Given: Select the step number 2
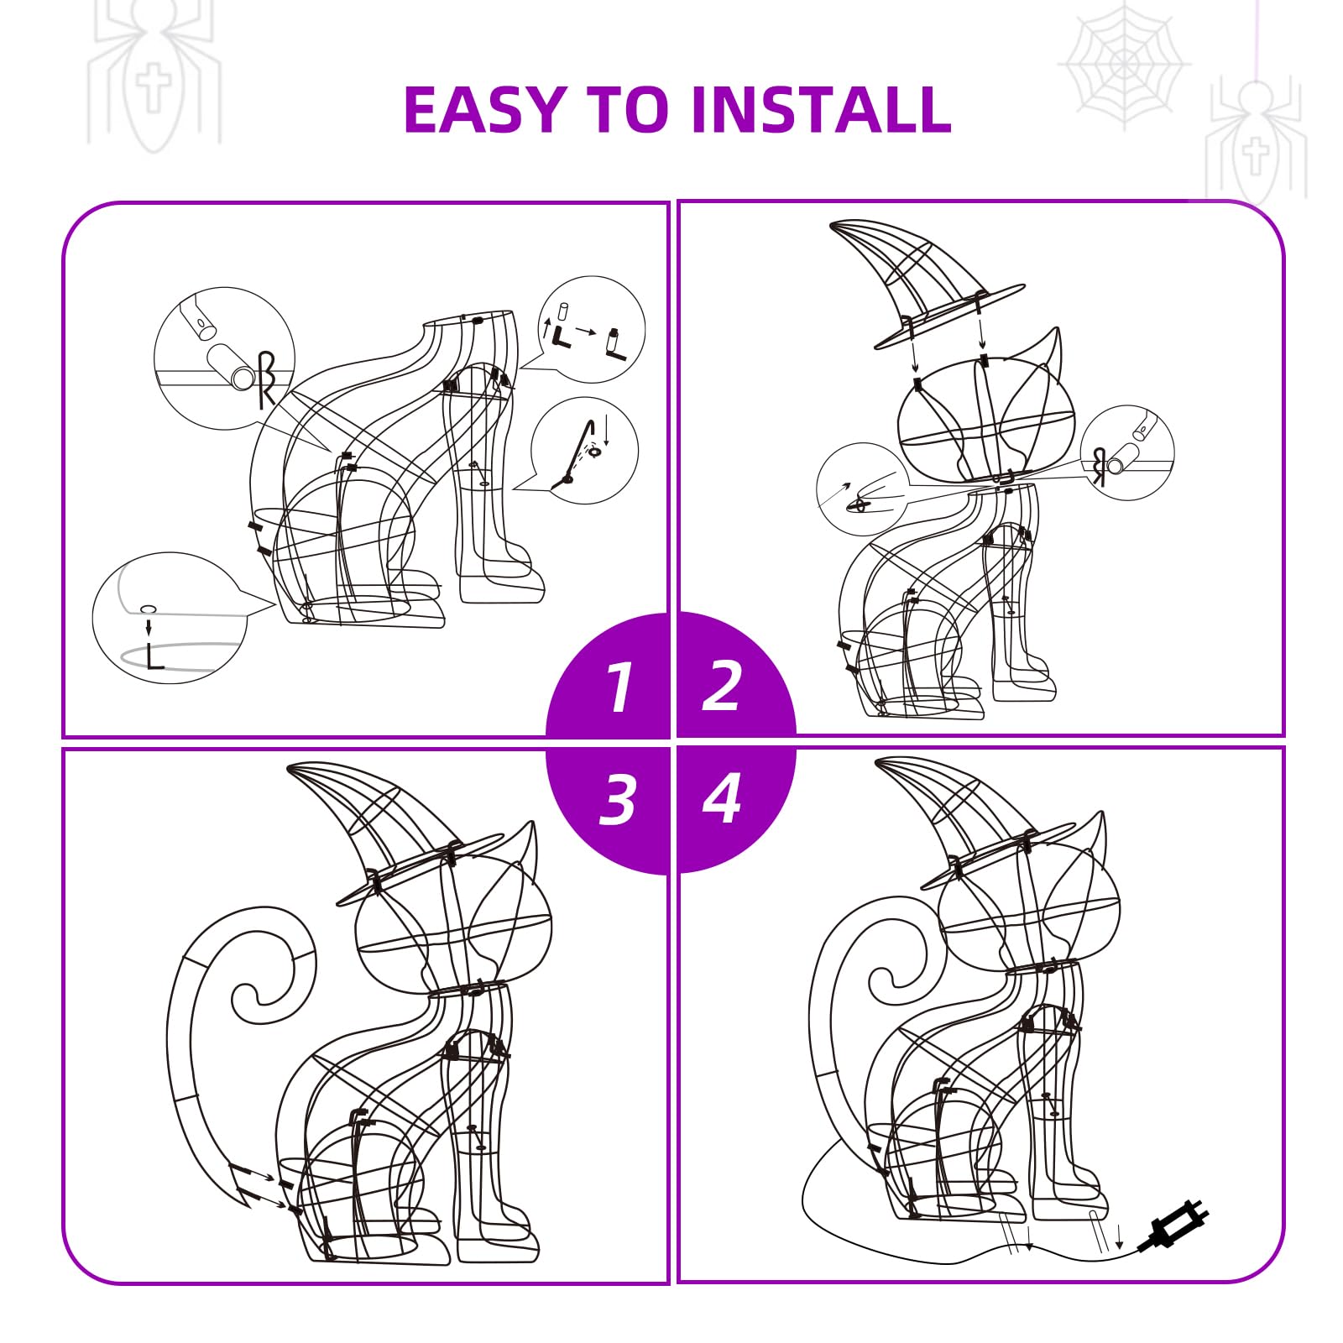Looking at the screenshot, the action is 722,686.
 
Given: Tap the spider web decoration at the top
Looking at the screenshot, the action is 1123,65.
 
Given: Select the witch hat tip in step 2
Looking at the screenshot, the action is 833,224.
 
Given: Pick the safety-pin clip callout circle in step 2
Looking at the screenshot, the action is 863,489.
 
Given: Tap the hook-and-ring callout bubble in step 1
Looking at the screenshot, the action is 585,451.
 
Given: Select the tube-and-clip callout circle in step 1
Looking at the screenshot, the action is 224,358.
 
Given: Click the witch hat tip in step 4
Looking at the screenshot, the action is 880,762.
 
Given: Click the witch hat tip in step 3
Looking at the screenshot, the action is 292,767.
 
